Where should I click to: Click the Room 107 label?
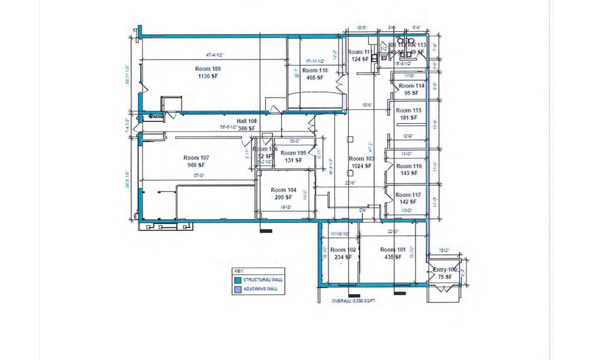click(x=195, y=158)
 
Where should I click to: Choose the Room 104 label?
click(x=283, y=190)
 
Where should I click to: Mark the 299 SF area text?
click(x=283, y=197)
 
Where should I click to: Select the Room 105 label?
click(x=293, y=153)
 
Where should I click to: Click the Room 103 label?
click(x=361, y=159)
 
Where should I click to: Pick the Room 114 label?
click(x=411, y=86)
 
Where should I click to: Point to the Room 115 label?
click(x=408, y=110)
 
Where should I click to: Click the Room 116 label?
click(x=408, y=167)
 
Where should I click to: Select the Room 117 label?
click(x=408, y=195)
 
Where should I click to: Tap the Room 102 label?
click(x=342, y=250)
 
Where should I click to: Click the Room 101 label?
click(x=393, y=250)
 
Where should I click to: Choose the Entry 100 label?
click(x=446, y=270)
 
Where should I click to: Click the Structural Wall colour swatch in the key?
click(x=238, y=279)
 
